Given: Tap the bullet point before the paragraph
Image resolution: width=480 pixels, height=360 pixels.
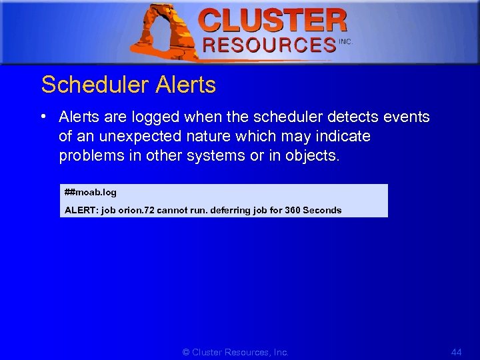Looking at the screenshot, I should click(42, 117).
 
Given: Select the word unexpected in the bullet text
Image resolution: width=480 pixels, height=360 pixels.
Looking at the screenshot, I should click(131, 137).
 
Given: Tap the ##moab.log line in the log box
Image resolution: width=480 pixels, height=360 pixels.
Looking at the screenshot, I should click(91, 193).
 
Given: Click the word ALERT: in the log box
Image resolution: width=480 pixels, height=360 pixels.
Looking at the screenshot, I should click(81, 210).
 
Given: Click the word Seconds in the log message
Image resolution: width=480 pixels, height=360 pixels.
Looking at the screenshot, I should click(322, 210).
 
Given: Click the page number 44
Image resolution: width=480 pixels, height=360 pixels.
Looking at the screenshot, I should click(456, 352).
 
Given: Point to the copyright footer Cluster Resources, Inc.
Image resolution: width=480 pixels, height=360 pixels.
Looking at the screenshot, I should click(235, 352).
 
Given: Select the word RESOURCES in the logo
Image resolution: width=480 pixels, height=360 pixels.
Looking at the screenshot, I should click(269, 45).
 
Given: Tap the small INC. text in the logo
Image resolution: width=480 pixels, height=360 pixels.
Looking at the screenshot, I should click(345, 41).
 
